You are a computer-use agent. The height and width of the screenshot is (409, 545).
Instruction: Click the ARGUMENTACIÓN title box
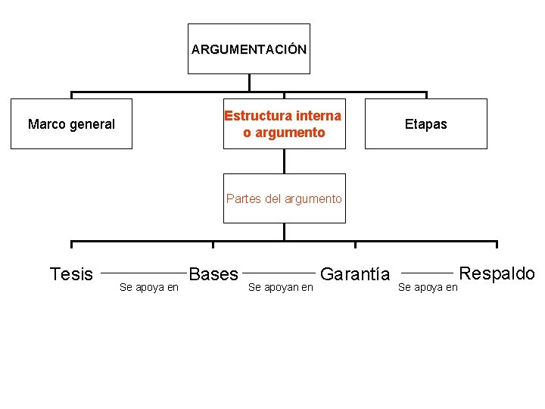(x=249, y=49)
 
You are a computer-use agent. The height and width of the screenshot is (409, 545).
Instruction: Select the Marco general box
(x=71, y=124)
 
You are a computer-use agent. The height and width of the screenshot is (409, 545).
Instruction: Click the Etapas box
(x=426, y=124)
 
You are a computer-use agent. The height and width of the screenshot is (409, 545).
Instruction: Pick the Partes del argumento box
(x=284, y=198)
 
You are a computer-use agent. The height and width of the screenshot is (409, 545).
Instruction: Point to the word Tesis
(x=71, y=274)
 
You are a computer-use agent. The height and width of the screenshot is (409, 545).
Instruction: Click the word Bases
(x=213, y=274)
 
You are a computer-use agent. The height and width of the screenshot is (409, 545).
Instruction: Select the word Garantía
(x=356, y=274)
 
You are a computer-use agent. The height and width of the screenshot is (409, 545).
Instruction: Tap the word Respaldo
(x=497, y=273)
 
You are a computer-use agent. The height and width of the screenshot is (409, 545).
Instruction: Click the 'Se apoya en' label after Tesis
(x=149, y=287)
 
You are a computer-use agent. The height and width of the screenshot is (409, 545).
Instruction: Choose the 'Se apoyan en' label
(x=281, y=287)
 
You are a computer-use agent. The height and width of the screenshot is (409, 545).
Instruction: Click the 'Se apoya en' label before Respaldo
(x=428, y=287)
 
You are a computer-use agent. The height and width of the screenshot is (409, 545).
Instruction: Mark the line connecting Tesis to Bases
(x=143, y=271)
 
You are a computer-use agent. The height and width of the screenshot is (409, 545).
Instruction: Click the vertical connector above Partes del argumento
(x=284, y=161)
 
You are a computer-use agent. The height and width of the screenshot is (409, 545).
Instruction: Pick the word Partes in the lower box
(x=242, y=198)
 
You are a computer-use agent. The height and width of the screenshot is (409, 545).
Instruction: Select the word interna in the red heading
(x=319, y=116)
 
